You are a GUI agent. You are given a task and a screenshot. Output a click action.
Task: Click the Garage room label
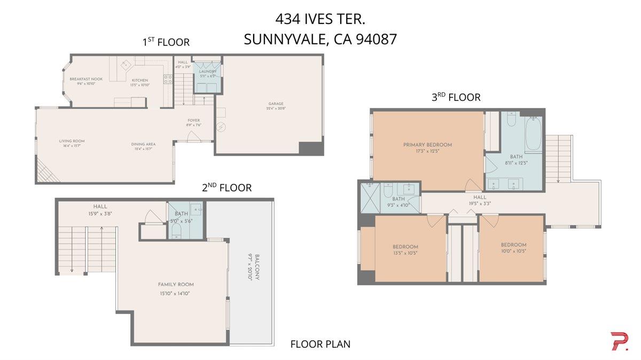[x=276, y=104]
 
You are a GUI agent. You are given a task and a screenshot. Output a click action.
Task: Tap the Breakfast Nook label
[x=86, y=79]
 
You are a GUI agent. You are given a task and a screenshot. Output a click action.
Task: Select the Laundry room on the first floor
[x=207, y=72]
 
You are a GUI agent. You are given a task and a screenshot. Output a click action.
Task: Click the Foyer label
[x=193, y=120]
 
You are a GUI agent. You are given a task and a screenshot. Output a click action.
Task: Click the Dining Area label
[x=143, y=144]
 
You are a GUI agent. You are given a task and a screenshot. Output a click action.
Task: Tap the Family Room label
[x=175, y=284]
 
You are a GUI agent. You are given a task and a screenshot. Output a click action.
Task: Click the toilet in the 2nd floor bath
[x=176, y=230]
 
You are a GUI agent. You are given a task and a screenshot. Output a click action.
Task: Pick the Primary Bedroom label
[x=427, y=145]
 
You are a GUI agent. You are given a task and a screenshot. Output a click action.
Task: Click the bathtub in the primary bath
[x=533, y=134]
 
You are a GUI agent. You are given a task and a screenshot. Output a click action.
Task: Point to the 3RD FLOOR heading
[x=456, y=97]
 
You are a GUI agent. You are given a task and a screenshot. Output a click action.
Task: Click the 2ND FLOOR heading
[x=226, y=187]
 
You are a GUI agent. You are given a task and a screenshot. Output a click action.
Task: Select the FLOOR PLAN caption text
[x=320, y=344]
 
